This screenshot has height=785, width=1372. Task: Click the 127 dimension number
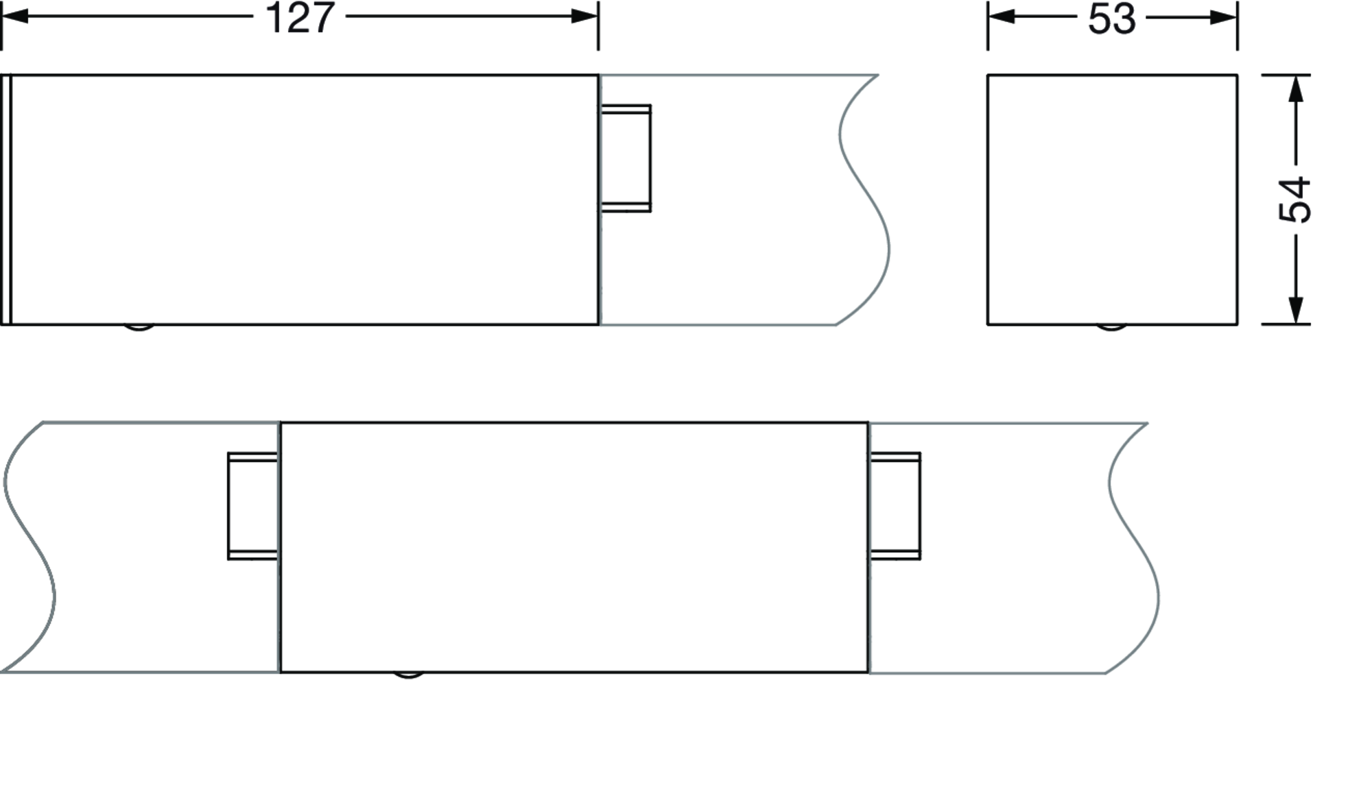(x=300, y=18)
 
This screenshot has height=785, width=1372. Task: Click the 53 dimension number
(x=1112, y=19)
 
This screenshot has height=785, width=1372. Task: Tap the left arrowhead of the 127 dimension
(x=15, y=16)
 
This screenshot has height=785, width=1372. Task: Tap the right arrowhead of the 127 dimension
(x=584, y=16)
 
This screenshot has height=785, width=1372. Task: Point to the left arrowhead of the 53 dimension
(x=1002, y=16)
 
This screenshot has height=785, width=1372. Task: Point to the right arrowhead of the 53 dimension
(x=1224, y=16)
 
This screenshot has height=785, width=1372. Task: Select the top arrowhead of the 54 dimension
(x=1295, y=88)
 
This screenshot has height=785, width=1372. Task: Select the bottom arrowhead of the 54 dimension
(x=1295, y=311)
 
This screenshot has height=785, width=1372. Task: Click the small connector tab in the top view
(x=626, y=158)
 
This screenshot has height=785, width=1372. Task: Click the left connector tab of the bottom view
(x=253, y=506)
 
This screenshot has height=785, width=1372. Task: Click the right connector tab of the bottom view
(x=895, y=506)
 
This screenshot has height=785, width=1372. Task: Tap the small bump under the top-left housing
(x=139, y=327)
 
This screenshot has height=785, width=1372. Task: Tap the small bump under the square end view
(x=1111, y=327)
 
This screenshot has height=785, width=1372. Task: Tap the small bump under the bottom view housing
(x=408, y=675)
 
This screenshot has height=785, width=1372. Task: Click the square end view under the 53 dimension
(x=1112, y=200)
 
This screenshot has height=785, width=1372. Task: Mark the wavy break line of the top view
(x=863, y=199)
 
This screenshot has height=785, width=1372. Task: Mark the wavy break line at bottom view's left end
(x=29, y=547)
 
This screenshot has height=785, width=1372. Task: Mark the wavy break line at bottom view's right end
(x=1133, y=548)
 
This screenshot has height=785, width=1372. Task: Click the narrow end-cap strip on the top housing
(x=6, y=200)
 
